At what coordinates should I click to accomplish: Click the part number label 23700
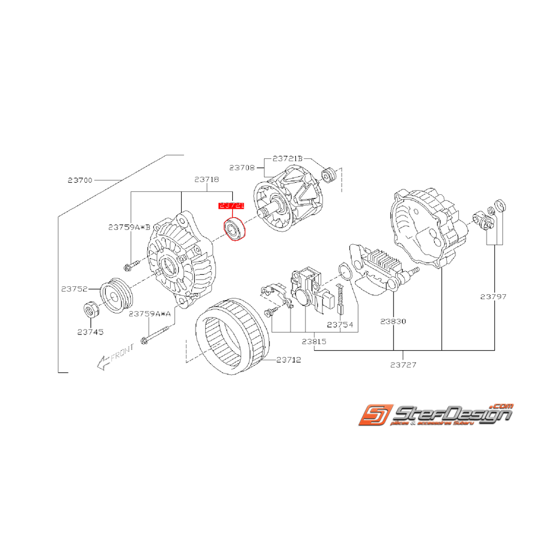tap(80, 179)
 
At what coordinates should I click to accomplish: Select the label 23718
tap(206, 179)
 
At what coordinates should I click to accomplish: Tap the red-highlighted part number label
tap(232, 205)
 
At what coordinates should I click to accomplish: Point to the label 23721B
tap(288, 159)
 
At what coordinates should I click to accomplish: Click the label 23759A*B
tap(129, 227)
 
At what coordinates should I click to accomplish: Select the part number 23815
tap(314, 341)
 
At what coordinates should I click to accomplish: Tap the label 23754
tap(340, 324)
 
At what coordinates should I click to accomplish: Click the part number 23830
tap(393, 321)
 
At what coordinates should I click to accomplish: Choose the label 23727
tap(402, 365)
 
